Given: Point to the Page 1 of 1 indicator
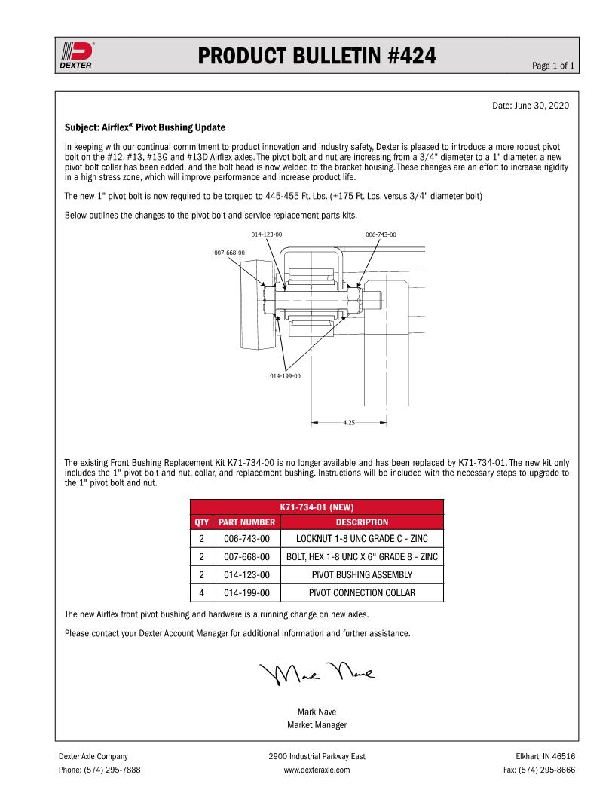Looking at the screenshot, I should pyautogui.click(x=553, y=66).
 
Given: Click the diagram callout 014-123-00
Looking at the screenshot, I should pyautogui.click(x=267, y=234).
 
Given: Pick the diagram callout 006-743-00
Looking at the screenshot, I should pyautogui.click(x=381, y=234).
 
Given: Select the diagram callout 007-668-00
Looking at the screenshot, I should pyautogui.click(x=229, y=252).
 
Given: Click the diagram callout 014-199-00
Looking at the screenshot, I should pyautogui.click(x=286, y=375).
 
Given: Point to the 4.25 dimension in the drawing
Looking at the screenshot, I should pyautogui.click(x=348, y=423).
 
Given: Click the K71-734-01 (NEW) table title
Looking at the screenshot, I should pyautogui.click(x=317, y=507).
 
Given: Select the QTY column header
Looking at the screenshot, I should pyautogui.click(x=201, y=522).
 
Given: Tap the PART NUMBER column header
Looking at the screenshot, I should pyautogui.click(x=246, y=522).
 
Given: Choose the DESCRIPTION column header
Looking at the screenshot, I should pyautogui.click(x=362, y=522).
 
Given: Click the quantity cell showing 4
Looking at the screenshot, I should pyautogui.click(x=201, y=593).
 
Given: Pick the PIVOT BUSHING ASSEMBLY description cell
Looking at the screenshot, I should pyautogui.click(x=362, y=575).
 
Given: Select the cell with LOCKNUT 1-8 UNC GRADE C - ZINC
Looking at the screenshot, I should pyautogui.click(x=362, y=539).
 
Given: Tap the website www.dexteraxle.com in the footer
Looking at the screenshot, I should pyautogui.click(x=317, y=770).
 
